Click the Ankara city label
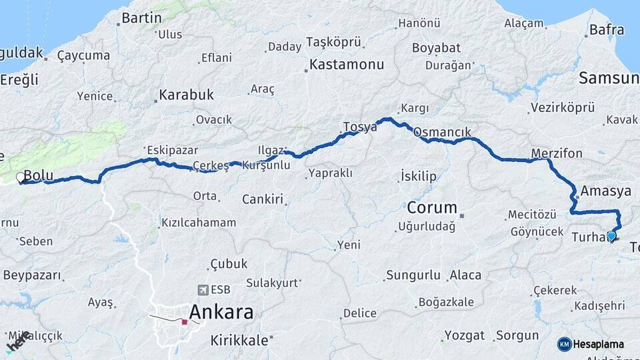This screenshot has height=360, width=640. pyautogui.click(x=221, y=312)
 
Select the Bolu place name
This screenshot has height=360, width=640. pyautogui.click(x=38, y=176)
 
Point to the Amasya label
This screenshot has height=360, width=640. pyautogui.click(x=605, y=191)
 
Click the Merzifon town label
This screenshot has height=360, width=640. pyautogui.click(x=557, y=154)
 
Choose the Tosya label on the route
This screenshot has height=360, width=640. pyautogui.click(x=360, y=127)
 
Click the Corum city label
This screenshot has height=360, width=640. pyautogui.click(x=432, y=207)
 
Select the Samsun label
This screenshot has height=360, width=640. pyautogui.click(x=608, y=78)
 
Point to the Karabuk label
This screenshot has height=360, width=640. pyautogui.click(x=186, y=95)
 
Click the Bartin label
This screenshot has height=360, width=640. pyautogui.click(x=142, y=17)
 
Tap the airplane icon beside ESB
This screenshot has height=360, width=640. pyautogui.click(x=203, y=289)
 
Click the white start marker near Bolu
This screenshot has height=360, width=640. pyautogui.click(x=20, y=177)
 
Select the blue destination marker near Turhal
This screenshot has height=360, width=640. pyautogui.click(x=611, y=235)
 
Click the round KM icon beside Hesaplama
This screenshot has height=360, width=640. pyautogui.click(x=565, y=344)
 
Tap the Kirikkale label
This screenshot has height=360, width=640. pyautogui.click(x=239, y=340)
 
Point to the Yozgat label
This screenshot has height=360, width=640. pyautogui.click(x=463, y=335)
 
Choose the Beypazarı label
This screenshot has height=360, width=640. pyautogui.click(x=31, y=275)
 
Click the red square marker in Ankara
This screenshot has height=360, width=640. pyautogui.click(x=185, y=321)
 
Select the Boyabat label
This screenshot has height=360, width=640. pyautogui.click(x=436, y=48)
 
